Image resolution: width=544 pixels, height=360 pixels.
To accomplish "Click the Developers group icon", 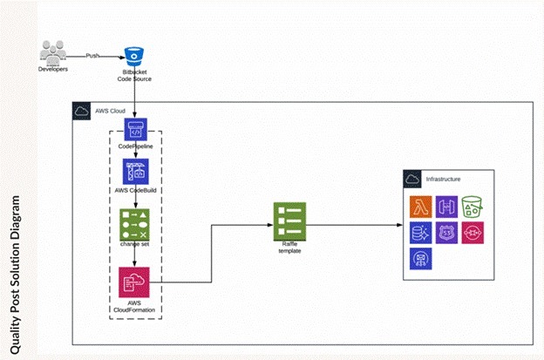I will click(54, 54).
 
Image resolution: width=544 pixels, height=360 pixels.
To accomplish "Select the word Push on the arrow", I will click(93, 55).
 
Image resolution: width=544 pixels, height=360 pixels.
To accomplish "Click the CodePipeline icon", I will click(135, 131).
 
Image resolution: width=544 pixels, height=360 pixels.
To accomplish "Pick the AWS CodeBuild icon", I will click(135, 171).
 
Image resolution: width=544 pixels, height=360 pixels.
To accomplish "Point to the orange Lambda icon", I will click(422, 207).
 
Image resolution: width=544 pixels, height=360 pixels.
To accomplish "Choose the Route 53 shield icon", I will click(447, 233).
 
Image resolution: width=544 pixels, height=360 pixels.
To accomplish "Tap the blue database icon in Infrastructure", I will click(422, 233).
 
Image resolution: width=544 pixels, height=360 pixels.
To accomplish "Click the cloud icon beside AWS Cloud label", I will click(81, 111).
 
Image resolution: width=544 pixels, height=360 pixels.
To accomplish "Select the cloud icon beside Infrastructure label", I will click(412, 179).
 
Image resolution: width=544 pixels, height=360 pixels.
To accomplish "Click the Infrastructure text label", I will click(443, 180).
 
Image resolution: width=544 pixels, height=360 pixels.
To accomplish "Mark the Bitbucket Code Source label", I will click(134, 76).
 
